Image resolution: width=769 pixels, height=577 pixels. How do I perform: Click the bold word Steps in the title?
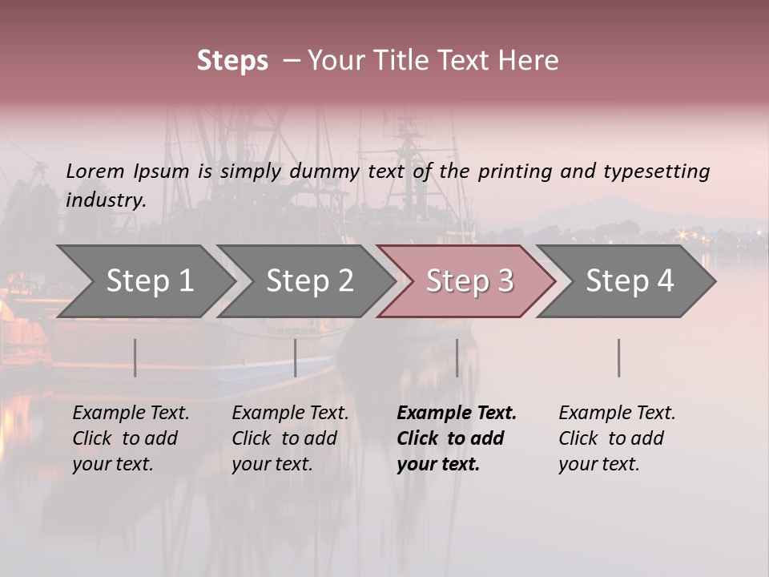[x=232, y=61]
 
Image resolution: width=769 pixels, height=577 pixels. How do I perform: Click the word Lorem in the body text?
[x=95, y=171]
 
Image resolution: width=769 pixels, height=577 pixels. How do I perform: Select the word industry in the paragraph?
[x=106, y=200]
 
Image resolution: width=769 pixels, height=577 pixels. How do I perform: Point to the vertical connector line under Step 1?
[x=135, y=357]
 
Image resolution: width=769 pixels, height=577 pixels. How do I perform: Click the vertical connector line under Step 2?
[x=295, y=357]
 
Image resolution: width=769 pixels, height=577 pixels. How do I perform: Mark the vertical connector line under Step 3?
[x=457, y=357]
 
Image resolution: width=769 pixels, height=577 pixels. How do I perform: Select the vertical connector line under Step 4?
[x=618, y=357]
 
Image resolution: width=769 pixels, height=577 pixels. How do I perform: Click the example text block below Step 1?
[x=131, y=438]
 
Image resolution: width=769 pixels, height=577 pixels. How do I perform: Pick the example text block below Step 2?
[x=290, y=438]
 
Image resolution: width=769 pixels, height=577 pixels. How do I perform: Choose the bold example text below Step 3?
[x=457, y=438]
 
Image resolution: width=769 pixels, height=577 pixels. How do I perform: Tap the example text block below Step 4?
[x=617, y=438]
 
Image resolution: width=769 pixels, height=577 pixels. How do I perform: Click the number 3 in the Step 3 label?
[x=505, y=281]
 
